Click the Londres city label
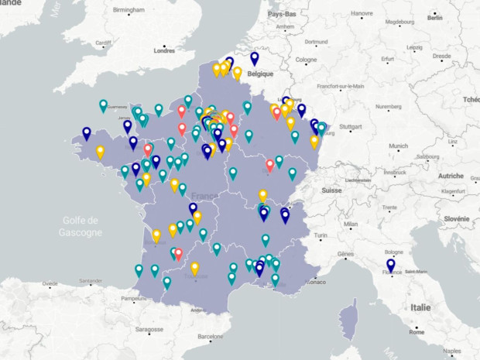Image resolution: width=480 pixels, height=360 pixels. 164,50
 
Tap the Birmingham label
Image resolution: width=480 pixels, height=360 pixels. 129,10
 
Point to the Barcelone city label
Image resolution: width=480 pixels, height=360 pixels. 214,337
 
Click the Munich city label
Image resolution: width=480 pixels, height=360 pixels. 398,146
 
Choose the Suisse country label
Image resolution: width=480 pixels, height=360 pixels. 331,190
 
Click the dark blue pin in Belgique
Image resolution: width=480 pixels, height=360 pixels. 254,58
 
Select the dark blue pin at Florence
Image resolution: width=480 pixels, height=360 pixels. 390,266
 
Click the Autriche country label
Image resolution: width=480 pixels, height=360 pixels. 451,176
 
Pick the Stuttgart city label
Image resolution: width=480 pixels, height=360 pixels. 351,126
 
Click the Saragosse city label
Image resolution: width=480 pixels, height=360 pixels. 149,329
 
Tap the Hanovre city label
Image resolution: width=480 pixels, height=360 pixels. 362,14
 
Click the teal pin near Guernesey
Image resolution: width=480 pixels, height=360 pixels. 103,105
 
